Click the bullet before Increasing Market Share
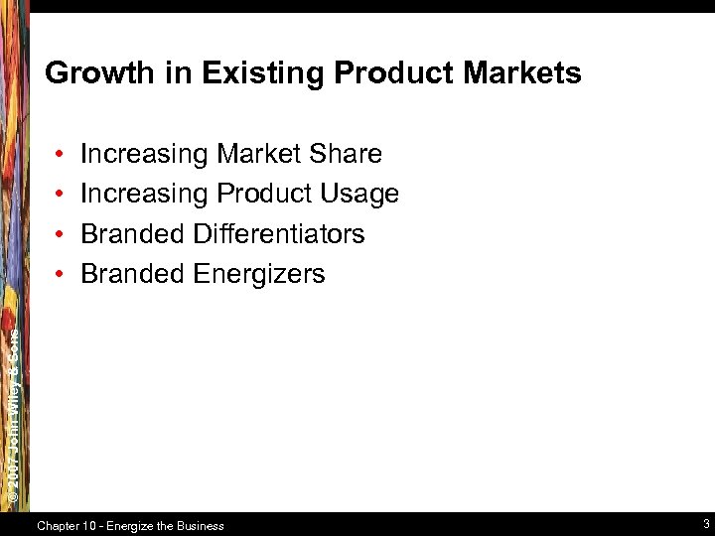pos(61,155)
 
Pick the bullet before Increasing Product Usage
pos(61,195)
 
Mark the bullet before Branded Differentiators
pos(61,235)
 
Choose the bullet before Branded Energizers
pos(61,275)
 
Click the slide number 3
pos(704,524)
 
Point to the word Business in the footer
pos(200,525)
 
